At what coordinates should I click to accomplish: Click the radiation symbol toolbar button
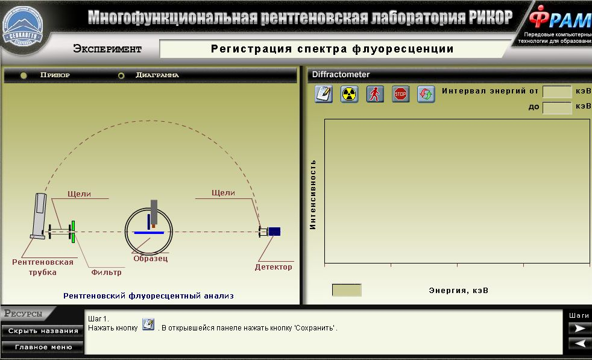click(x=349, y=94)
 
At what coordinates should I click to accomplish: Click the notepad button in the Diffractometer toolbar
click(x=324, y=94)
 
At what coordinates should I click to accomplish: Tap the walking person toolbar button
click(x=375, y=94)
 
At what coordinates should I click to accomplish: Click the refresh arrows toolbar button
click(x=426, y=94)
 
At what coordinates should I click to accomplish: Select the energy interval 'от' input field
click(x=557, y=92)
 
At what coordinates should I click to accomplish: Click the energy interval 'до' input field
click(x=557, y=108)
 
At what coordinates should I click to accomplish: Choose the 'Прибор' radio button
click(x=24, y=75)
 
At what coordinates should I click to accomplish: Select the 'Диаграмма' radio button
click(x=121, y=75)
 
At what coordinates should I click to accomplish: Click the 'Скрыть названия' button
click(x=43, y=331)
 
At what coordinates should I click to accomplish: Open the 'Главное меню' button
click(x=43, y=347)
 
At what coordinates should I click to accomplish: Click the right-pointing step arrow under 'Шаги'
click(x=579, y=328)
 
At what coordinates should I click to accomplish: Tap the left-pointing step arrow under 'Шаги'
click(x=579, y=343)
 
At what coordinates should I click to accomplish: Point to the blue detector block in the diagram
click(x=274, y=231)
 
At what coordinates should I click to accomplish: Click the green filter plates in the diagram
click(x=73, y=232)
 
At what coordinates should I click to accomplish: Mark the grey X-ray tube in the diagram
click(x=39, y=216)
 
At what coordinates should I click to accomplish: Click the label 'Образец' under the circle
click(x=150, y=259)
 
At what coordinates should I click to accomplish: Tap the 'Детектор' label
click(x=273, y=267)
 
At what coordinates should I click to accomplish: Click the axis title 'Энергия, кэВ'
click(x=458, y=291)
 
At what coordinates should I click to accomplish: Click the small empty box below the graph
click(x=347, y=290)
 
